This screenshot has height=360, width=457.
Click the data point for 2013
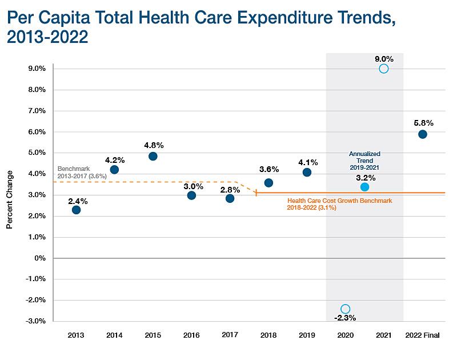click(76, 210)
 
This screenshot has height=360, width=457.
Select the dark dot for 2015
click(153, 156)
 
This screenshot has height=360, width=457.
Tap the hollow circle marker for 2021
click(383, 69)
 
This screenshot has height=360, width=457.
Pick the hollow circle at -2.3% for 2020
click(345, 309)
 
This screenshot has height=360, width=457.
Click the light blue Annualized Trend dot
click(364, 187)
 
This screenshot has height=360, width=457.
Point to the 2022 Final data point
click(422, 134)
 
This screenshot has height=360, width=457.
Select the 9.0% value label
click(384, 58)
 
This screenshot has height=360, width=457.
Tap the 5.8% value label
click(423, 122)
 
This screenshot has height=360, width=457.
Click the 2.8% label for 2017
click(230, 189)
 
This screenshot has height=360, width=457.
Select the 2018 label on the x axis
click(268, 335)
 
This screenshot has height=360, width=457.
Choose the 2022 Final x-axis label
click(422, 335)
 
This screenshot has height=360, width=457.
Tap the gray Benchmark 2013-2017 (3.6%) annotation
click(81, 173)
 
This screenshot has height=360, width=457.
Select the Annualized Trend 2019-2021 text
click(364, 161)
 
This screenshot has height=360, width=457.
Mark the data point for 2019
click(307, 172)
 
